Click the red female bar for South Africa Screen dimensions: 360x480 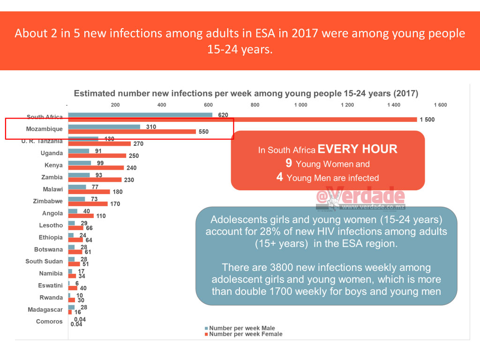(x=243, y=120)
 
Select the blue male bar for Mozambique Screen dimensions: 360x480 (x=105, y=127)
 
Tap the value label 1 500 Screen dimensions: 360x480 (x=427, y=120)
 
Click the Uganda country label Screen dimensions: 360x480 (x=52, y=153)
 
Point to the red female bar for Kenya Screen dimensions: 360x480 (x=96, y=168)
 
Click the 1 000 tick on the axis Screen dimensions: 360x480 (x=301, y=105)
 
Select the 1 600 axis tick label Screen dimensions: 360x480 (x=440, y=105)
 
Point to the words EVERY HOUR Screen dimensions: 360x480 (x=358, y=150)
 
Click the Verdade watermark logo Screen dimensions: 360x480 (x=361, y=197)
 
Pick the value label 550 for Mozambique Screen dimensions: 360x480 (x=203, y=132)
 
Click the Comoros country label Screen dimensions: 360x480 (x=49, y=322)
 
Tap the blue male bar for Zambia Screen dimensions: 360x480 (x=79, y=175)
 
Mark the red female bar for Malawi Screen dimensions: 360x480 (x=89, y=192)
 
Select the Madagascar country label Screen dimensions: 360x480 (x=45, y=309)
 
